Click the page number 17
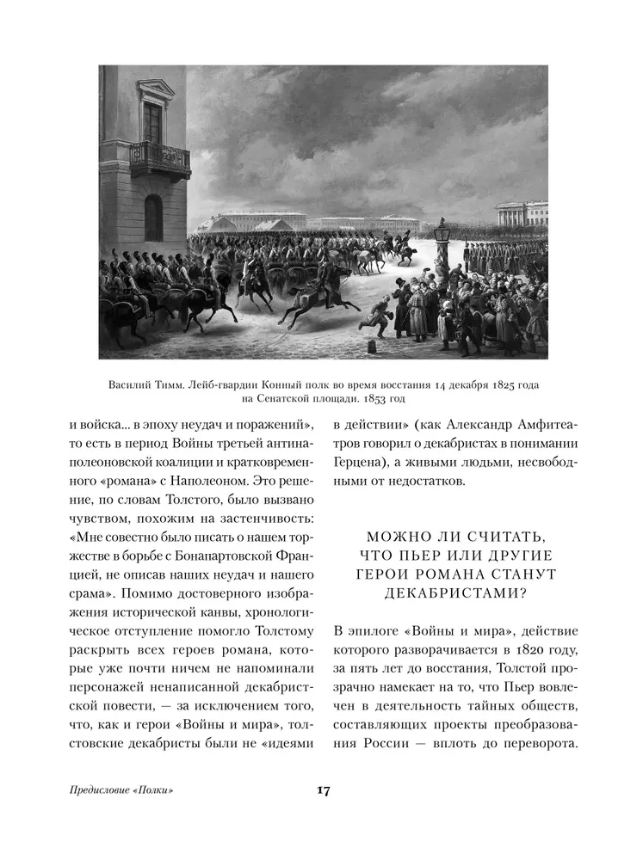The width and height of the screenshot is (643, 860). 323,790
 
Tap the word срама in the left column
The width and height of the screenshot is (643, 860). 90,593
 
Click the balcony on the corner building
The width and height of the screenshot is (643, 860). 159,159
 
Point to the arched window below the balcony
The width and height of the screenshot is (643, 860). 153,217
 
